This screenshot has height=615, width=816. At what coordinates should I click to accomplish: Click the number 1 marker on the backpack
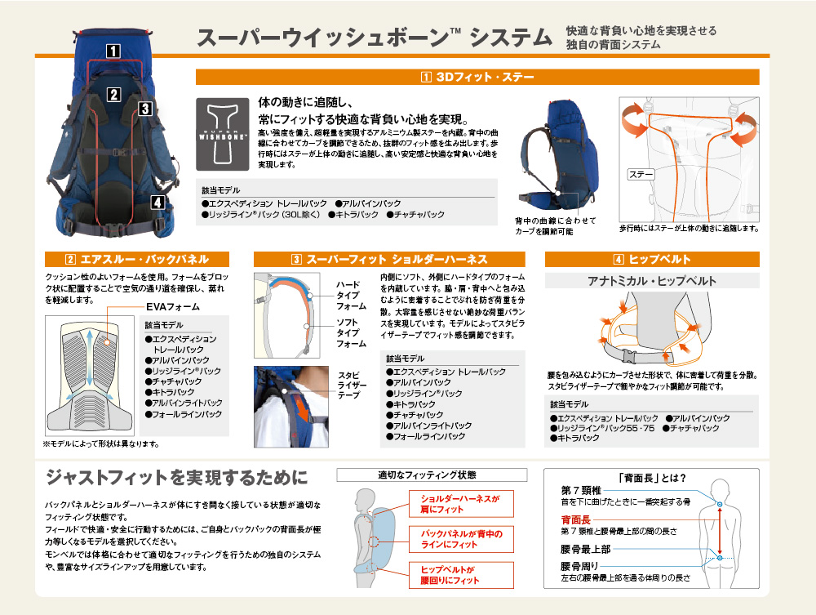click(113, 51)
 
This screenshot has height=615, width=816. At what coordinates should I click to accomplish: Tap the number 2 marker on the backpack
click(114, 95)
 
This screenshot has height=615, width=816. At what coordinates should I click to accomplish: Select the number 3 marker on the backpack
click(145, 109)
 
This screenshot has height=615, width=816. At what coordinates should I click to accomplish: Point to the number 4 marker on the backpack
click(158, 202)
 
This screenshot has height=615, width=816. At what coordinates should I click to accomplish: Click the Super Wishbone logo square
click(222, 134)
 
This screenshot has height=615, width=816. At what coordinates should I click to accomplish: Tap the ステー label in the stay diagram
click(640, 175)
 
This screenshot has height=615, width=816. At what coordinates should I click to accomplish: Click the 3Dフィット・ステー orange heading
click(477, 77)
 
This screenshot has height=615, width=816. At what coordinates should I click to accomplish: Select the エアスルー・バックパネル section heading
click(137, 260)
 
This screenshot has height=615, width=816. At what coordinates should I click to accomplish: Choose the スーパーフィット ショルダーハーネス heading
click(389, 260)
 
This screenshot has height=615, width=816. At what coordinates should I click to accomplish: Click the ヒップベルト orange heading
click(652, 260)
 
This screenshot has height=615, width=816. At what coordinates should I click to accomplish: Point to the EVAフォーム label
click(173, 307)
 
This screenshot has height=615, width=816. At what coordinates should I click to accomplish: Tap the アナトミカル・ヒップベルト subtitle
click(652, 281)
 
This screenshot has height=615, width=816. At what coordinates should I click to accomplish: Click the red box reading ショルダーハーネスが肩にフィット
click(461, 504)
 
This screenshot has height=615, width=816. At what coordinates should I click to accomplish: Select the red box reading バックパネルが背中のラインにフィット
click(461, 539)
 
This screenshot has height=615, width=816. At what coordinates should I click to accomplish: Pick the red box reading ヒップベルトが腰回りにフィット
click(461, 575)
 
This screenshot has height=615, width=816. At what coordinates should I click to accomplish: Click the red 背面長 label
click(575, 519)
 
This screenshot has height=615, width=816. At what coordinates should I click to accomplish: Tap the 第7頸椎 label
click(581, 490)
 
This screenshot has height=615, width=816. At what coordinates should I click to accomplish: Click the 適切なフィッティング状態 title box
click(432, 475)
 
